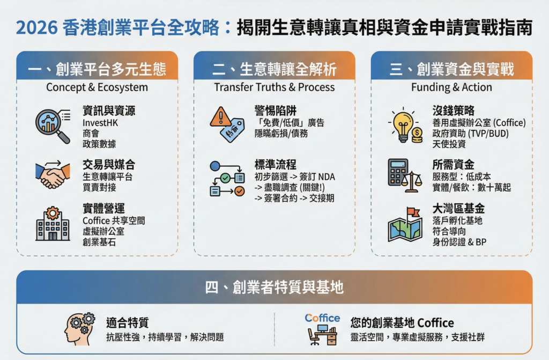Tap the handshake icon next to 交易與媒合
pyautogui.click(x=53, y=175)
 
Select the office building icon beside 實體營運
pyautogui.click(x=53, y=224)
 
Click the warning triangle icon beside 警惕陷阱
pyautogui.click(x=220, y=117)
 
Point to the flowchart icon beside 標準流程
pyautogui.click(x=227, y=179)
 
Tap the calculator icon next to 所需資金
pyautogui.click(x=398, y=172)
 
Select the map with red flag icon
pyautogui.click(x=405, y=225)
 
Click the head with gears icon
pyautogui.click(x=79, y=328)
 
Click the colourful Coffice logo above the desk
pyautogui.click(x=322, y=318)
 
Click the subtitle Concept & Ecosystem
pyautogui.click(x=97, y=87)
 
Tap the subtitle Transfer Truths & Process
pyautogui.click(x=274, y=87)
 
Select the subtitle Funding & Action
pyautogui.click(x=451, y=87)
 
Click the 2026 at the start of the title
pyautogui.click(x=37, y=28)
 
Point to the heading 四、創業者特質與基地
pyautogui.click(x=274, y=287)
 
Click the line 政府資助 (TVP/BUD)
pyautogui.click(x=470, y=134)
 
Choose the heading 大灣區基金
pyautogui.click(x=458, y=209)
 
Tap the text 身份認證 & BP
pyautogui.click(x=459, y=242)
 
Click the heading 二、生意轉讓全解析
pyautogui.click(x=274, y=69)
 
